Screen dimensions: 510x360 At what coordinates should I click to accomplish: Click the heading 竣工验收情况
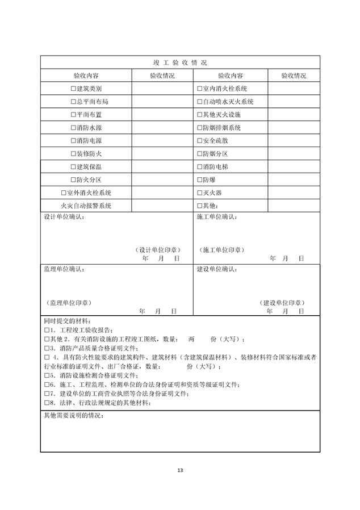pyautogui.click(x=180, y=62)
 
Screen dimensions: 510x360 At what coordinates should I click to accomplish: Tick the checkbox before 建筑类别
pyautogui.click(x=73, y=89)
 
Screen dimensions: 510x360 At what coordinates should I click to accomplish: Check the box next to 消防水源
pyautogui.click(x=73, y=128)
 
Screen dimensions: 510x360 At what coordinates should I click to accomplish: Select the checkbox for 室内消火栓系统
pyautogui.click(x=199, y=89)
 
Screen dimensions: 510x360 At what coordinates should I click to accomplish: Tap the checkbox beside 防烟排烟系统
pyautogui.click(x=199, y=128)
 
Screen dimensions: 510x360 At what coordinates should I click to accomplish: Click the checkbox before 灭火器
pyautogui.click(x=199, y=193)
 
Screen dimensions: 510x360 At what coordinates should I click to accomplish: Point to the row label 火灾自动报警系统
pyautogui.click(x=86, y=206)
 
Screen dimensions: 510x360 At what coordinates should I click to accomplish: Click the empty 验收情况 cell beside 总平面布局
pyautogui.click(x=162, y=102)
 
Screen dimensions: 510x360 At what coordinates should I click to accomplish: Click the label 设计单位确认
pyautogui.click(x=64, y=217)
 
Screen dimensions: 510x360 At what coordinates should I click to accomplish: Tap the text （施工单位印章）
pyautogui.click(x=222, y=249)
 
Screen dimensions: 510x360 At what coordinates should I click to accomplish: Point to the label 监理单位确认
pyautogui.click(x=64, y=269)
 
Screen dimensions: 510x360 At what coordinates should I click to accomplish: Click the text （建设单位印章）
pyautogui.click(x=282, y=303)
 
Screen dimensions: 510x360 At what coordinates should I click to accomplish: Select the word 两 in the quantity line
pyautogui.click(x=191, y=339)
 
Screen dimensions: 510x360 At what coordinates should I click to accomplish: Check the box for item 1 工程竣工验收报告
pyautogui.click(x=47, y=330)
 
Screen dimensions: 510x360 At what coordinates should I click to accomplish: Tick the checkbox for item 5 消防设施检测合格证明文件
pyautogui.click(x=47, y=375)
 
